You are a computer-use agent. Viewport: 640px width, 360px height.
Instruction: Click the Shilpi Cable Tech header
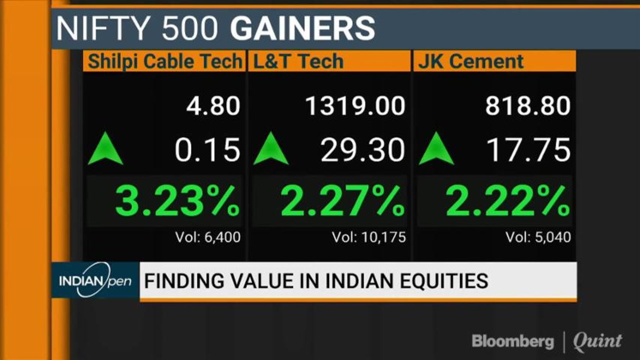(x=165, y=61)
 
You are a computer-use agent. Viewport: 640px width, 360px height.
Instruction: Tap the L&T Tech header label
(x=299, y=61)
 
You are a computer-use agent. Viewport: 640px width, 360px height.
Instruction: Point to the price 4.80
(x=213, y=106)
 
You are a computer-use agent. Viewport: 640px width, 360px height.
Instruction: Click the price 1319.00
(x=355, y=106)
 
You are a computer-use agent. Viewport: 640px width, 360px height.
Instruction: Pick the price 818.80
(x=527, y=106)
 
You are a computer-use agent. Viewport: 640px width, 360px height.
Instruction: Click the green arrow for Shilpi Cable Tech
(x=106, y=148)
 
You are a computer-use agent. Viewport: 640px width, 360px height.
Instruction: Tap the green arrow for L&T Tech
(x=271, y=148)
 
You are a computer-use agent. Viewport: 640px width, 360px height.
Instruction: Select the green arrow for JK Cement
(x=436, y=148)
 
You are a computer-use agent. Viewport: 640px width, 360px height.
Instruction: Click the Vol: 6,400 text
(x=208, y=237)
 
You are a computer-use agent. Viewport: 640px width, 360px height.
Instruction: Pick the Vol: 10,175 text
(x=369, y=237)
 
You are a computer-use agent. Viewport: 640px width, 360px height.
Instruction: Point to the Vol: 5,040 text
(x=538, y=237)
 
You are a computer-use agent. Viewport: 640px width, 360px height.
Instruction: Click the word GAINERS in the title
(x=303, y=28)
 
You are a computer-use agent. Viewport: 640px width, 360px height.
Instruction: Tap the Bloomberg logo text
(x=513, y=341)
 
